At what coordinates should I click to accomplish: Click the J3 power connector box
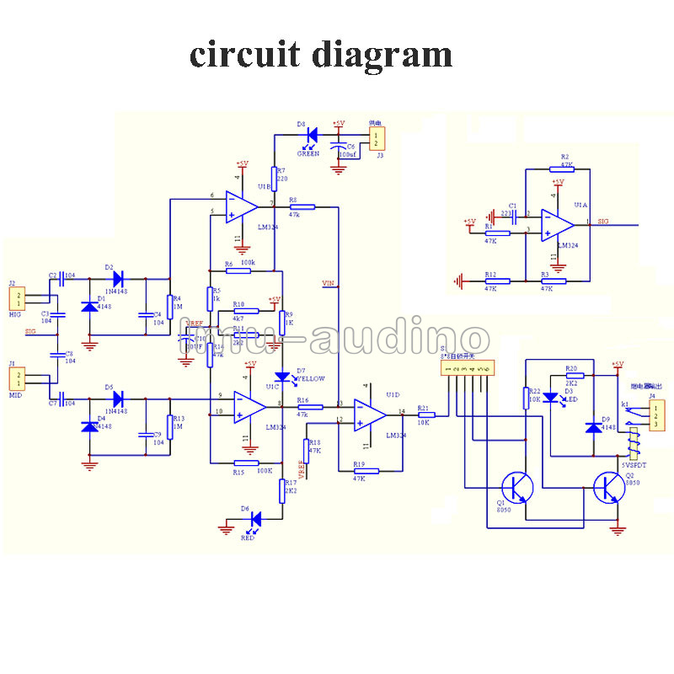(378, 138)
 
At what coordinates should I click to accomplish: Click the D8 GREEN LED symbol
(312, 133)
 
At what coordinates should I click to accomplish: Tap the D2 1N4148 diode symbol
(116, 276)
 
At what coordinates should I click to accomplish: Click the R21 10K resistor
(425, 415)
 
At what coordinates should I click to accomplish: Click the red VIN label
(329, 284)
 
